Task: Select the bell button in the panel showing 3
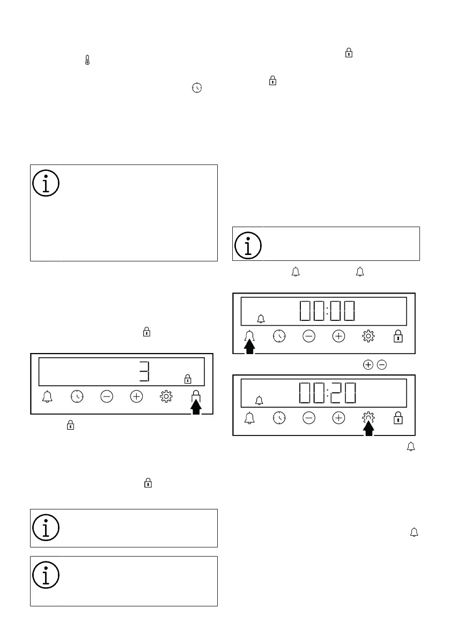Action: pos(48,396)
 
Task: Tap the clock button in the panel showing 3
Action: pos(77,396)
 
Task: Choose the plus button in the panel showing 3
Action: pos(137,396)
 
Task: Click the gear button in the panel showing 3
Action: pos(166,396)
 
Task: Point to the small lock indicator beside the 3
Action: pos(187,379)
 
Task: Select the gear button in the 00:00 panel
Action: pos(368,336)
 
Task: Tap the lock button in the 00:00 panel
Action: pos(397,336)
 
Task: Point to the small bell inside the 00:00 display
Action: pos(261,319)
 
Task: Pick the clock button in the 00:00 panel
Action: pos(279,336)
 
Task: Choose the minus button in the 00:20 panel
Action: pos(309,418)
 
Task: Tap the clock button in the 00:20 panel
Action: pos(279,418)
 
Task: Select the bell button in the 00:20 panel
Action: pos(250,418)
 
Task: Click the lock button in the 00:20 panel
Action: pos(397,418)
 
